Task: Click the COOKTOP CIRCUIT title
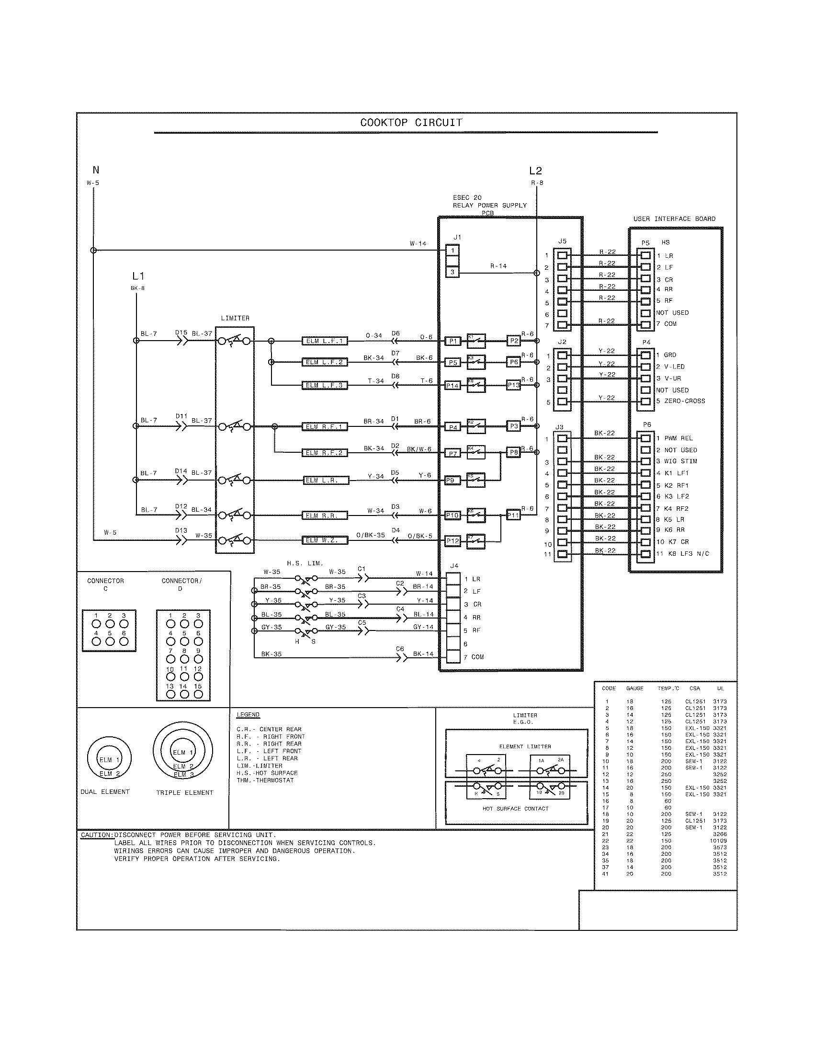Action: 411,123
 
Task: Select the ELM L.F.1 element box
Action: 325,341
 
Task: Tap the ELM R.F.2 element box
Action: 325,453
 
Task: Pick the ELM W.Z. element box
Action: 325,540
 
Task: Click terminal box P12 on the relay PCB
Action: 452,541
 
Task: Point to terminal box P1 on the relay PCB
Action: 452,341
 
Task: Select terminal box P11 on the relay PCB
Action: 513,516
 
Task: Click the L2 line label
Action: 535,171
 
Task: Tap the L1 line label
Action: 138,276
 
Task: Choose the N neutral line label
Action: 96,170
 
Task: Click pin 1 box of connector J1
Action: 452,251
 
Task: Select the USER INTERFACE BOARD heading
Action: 674,219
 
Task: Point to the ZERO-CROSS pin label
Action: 684,401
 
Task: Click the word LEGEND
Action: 248,715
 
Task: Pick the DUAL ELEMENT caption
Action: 105,792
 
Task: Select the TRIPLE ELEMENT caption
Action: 184,793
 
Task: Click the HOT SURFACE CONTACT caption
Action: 516,808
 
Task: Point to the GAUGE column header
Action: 634,688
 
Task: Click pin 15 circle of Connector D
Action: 198,695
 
